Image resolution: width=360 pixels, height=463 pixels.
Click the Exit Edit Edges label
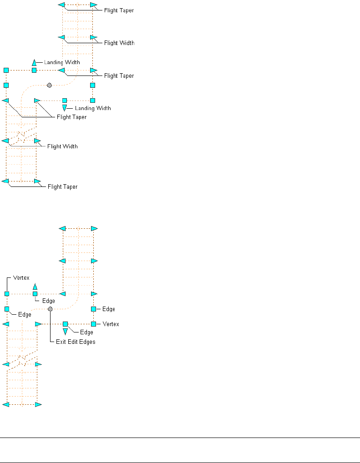[76, 342]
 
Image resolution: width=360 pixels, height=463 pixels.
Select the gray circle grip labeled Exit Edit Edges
[50, 309]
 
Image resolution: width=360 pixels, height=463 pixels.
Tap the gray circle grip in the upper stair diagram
[50, 85]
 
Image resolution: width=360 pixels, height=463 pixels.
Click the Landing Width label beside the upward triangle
[62, 62]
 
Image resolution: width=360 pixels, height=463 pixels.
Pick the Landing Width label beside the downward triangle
[93, 108]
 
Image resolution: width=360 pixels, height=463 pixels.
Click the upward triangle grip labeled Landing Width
[34, 62]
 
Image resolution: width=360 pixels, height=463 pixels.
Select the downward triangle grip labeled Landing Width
[65, 107]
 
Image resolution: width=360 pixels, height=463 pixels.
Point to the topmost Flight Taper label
[119, 10]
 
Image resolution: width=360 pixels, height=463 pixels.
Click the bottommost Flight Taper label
[62, 186]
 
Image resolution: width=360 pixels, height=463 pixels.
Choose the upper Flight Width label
[119, 43]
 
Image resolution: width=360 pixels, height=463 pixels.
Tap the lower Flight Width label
[62, 146]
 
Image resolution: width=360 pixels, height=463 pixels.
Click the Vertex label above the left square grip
[22, 277]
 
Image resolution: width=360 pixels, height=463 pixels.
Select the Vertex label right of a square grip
[111, 324]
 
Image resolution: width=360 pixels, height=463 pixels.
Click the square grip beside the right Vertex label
[93, 324]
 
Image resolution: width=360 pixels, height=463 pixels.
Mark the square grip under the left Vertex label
[7, 294]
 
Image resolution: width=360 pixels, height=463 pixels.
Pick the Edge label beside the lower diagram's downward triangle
[86, 332]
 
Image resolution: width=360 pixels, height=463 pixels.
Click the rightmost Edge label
[108, 309]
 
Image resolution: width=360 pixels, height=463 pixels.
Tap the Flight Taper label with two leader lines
[71, 117]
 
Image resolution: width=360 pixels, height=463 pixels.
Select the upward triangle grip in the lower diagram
[35, 287]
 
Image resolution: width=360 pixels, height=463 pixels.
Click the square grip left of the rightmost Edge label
[93, 309]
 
